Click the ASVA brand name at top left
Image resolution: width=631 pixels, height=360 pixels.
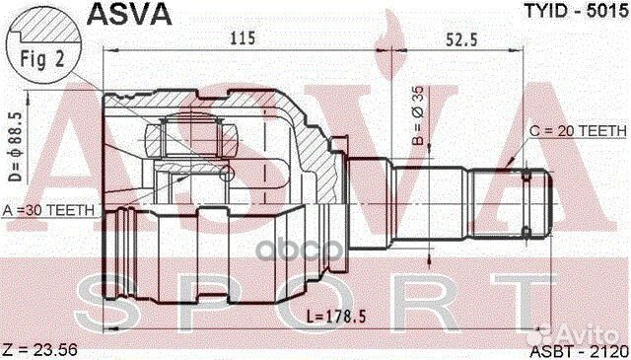[x=131, y=14]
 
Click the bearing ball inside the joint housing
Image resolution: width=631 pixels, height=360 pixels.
[x=228, y=174]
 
